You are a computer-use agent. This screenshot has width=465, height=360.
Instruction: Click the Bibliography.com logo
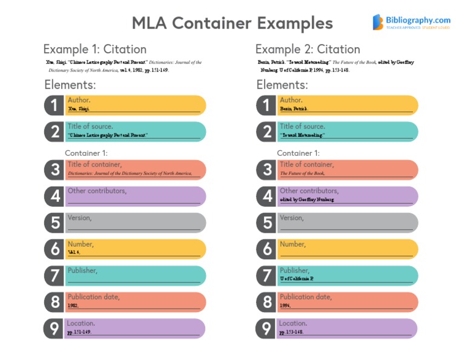pos(411,22)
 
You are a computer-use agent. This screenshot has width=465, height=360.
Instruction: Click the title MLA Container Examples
pos(232,23)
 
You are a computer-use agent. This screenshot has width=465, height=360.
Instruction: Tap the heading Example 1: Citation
pos(94,50)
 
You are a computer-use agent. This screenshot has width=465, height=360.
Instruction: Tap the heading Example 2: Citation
pos(308,50)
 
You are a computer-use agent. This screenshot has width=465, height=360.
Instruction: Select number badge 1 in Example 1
pos(55,105)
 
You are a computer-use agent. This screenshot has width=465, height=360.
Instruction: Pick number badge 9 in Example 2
pos(267,328)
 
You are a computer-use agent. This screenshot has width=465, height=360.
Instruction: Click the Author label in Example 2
pos(291,100)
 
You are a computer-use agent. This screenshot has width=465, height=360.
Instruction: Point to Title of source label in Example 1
pos(90,127)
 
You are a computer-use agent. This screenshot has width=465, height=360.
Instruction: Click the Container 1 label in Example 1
pos(86,153)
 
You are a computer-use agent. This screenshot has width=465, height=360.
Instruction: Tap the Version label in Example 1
pos(79,218)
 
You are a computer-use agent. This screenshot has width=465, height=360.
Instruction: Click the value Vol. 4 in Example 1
pos(74,252)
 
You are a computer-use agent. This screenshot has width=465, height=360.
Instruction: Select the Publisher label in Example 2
pos(294,270)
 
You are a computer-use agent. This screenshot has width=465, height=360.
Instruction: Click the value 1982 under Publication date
pos(73,306)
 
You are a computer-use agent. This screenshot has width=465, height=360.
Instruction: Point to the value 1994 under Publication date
pos(285,306)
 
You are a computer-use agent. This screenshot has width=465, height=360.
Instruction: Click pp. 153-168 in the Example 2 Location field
pos(291,333)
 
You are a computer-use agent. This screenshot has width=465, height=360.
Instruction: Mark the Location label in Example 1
pos(81,324)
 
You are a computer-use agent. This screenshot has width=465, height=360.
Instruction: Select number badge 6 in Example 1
pos(55,248)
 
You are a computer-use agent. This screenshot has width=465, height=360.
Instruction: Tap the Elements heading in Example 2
pos(282,85)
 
